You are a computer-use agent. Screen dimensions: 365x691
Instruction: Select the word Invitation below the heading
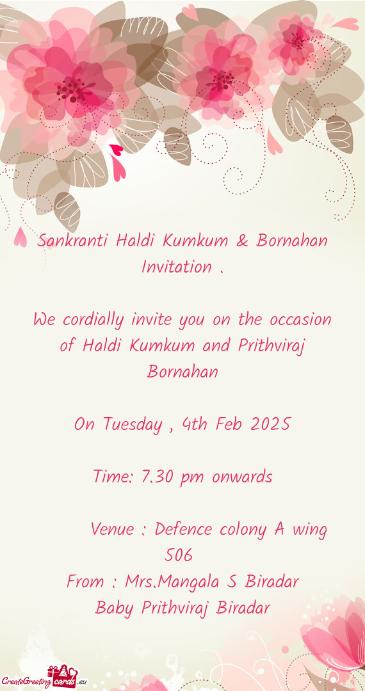coord(176,267)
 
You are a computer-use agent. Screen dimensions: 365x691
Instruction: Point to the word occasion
coord(300,320)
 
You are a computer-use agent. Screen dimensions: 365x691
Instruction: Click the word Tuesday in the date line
coord(131,425)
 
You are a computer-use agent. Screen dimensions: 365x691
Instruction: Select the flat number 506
coord(179,555)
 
